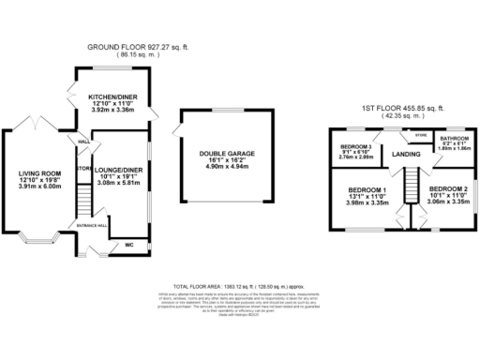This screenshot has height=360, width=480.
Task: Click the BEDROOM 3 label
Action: pyautogui.click(x=356, y=147)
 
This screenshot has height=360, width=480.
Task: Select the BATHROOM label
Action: pyautogui.click(x=456, y=138)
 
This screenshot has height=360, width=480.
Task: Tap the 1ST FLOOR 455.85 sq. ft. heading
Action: pyautogui.click(x=404, y=108)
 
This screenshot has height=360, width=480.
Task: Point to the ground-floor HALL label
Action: pyautogui.click(x=83, y=142)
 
